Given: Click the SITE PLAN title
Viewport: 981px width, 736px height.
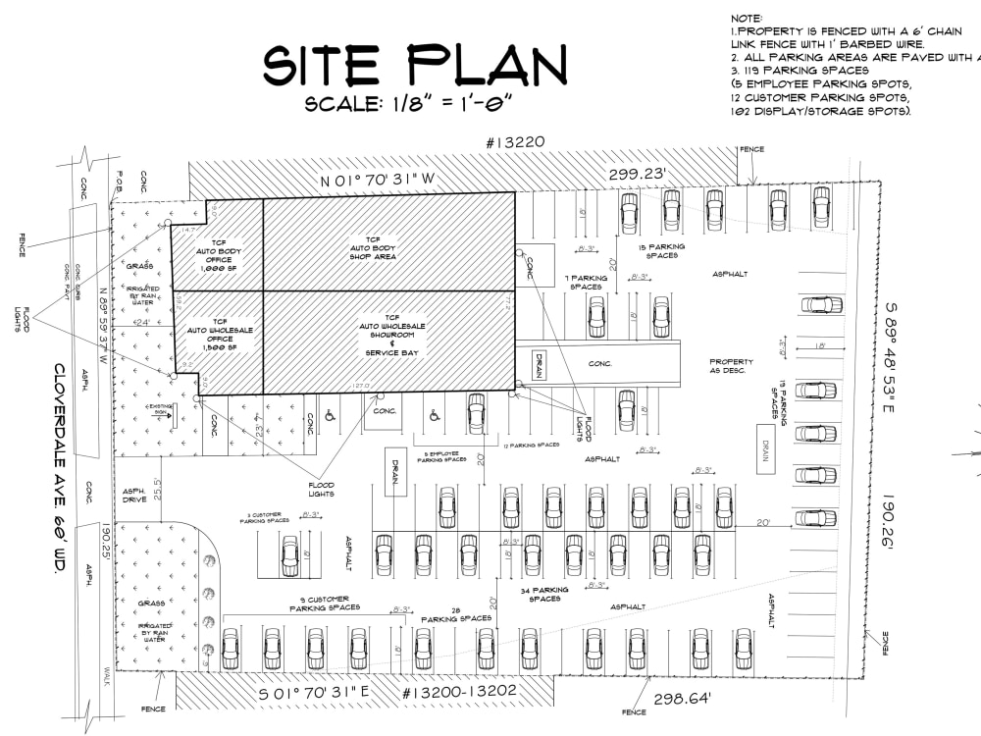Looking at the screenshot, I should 415,67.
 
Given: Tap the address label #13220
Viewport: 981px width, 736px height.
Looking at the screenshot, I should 515,143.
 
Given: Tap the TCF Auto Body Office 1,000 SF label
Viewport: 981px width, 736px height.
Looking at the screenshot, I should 218,257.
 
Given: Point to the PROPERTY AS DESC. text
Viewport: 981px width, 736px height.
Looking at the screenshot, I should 732,367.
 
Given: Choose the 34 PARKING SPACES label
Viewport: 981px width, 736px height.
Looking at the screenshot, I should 544,595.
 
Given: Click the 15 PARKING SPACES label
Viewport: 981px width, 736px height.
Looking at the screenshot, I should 662,250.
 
